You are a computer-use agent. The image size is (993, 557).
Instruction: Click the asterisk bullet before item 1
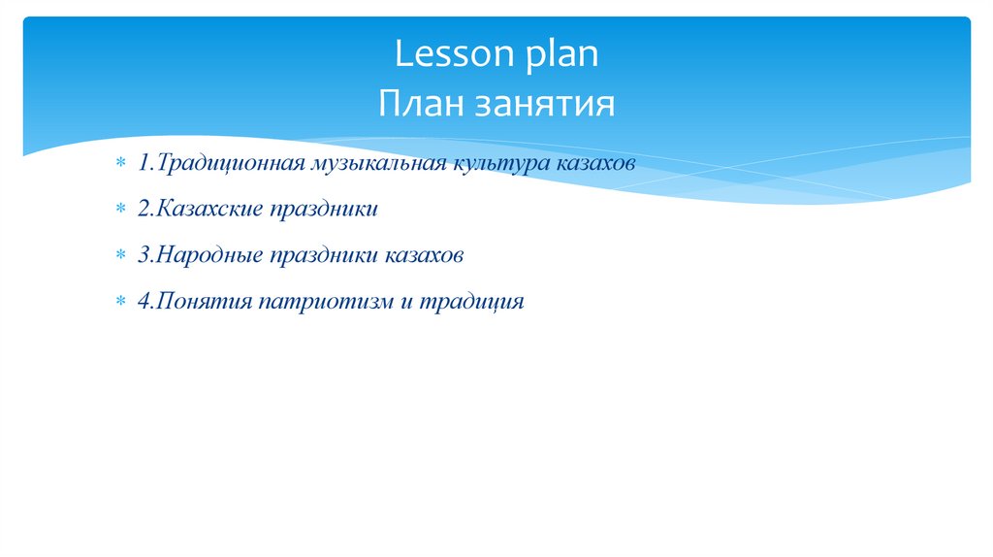point(120,164)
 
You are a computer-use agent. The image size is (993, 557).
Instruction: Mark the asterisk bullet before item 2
point(120,210)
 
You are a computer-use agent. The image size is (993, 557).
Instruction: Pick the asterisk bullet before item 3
point(120,256)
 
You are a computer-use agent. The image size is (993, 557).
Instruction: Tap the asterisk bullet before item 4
point(120,303)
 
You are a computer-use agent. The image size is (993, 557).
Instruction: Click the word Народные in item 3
point(204,255)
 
